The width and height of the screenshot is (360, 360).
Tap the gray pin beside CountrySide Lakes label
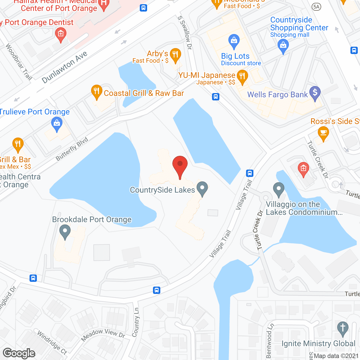pyautogui.click(x=202, y=188)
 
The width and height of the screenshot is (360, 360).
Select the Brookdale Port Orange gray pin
pyautogui.click(x=65, y=232)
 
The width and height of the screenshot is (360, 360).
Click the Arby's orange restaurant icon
pyautogui.click(x=175, y=55)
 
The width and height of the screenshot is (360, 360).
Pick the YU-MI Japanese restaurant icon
pyautogui.click(x=242, y=77)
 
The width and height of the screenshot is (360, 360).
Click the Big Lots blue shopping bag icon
pyautogui.click(x=234, y=41)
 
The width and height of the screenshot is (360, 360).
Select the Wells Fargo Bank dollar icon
pyautogui.click(x=315, y=93)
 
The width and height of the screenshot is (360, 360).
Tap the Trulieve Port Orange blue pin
pyautogui.click(x=57, y=124)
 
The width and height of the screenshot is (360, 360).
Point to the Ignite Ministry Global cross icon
pyautogui.click(x=343, y=328)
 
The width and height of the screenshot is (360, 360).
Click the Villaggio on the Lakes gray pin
pyautogui.click(x=279, y=189)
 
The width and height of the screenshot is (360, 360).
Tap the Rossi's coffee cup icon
pyautogui.click(x=323, y=133)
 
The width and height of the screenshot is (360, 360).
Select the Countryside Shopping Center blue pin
pyautogui.click(x=283, y=46)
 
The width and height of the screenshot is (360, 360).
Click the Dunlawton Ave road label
pyautogui.click(x=65, y=68)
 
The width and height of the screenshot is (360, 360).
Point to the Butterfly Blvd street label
pyautogui.click(x=72, y=149)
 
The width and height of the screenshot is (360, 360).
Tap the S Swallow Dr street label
pyautogui.click(x=185, y=33)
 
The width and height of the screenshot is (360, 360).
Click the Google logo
pyautogui.click(x=19, y=353)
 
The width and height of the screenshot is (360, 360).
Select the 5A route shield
pyautogui.click(x=316, y=7)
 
